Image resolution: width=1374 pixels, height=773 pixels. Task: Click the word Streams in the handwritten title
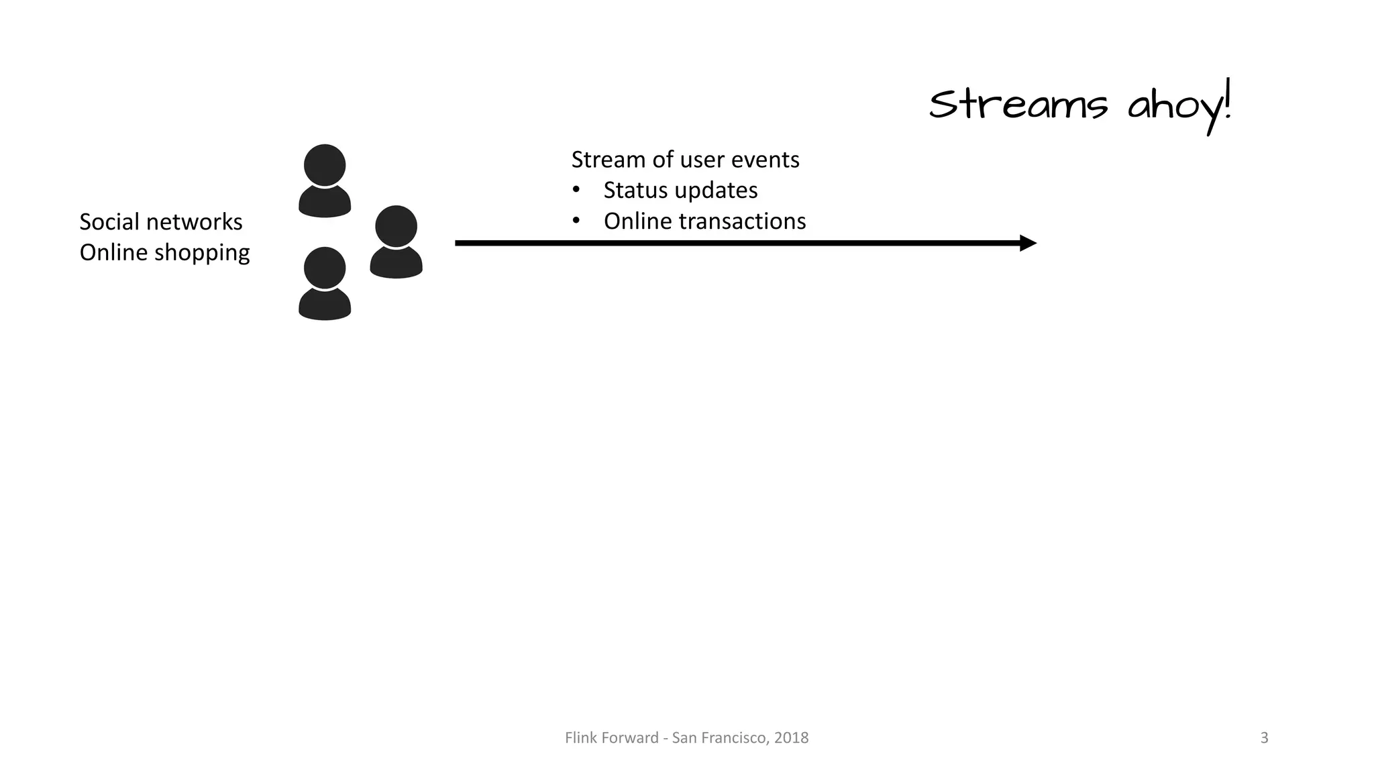click(1018, 105)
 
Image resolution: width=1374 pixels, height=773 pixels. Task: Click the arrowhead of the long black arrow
click(1028, 243)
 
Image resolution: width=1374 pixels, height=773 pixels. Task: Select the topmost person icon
click(325, 180)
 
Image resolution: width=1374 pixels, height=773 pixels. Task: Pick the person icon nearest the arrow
click(396, 242)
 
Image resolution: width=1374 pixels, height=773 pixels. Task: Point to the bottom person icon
click(325, 283)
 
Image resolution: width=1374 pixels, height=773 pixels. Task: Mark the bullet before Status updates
click(576, 191)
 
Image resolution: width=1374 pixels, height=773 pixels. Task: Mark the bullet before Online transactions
click(576, 221)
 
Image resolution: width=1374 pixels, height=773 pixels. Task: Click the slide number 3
click(1264, 738)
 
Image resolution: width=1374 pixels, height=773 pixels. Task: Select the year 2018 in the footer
click(791, 738)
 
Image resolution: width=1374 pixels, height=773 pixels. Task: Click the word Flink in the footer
click(579, 738)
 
